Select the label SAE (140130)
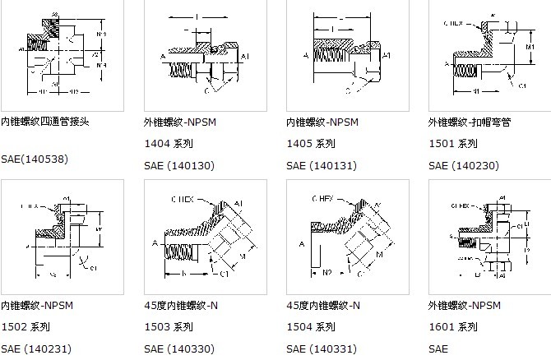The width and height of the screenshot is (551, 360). [178, 165]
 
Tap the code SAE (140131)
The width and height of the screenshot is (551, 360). [321, 165]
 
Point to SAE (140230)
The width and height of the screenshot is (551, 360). [463, 165]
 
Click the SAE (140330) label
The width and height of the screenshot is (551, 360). [178, 349]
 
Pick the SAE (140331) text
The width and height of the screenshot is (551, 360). [321, 349]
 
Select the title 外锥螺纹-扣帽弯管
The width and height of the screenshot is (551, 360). [470, 122]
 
